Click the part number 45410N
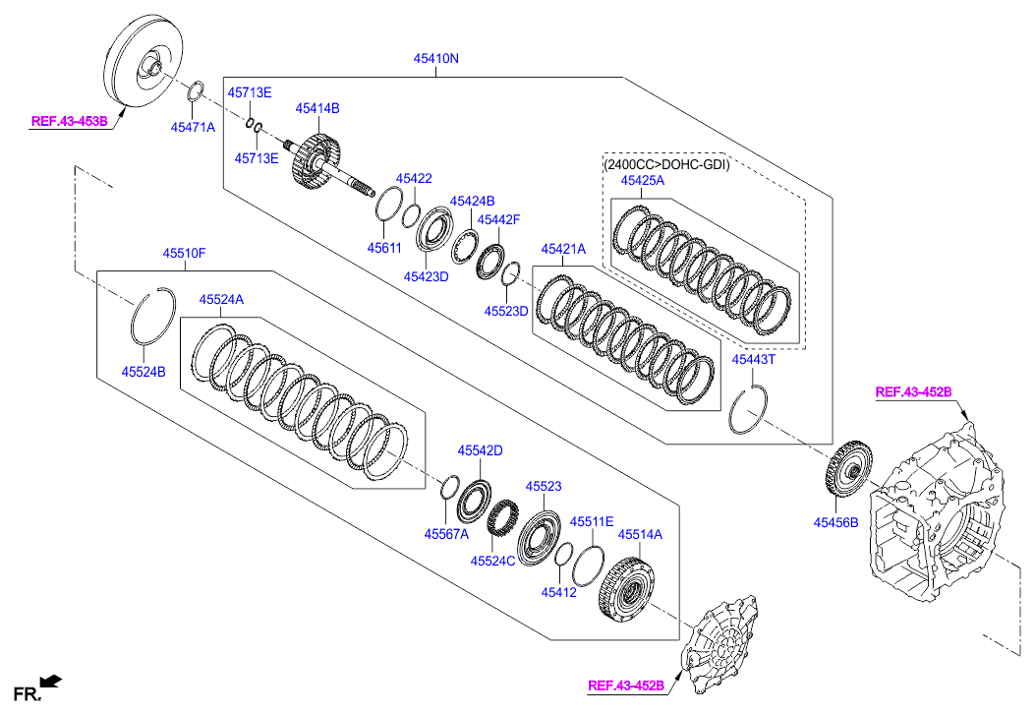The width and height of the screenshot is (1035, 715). (435, 59)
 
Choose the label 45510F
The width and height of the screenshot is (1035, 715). (184, 254)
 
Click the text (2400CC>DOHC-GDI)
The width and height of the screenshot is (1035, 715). (667, 164)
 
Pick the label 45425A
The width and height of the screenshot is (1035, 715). (642, 181)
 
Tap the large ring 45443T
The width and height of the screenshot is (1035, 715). (752, 408)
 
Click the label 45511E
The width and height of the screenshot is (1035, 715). (592, 521)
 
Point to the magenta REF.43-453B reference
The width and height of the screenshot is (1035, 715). (69, 123)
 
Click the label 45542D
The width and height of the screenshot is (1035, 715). (480, 450)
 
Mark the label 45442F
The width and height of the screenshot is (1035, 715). (498, 220)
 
